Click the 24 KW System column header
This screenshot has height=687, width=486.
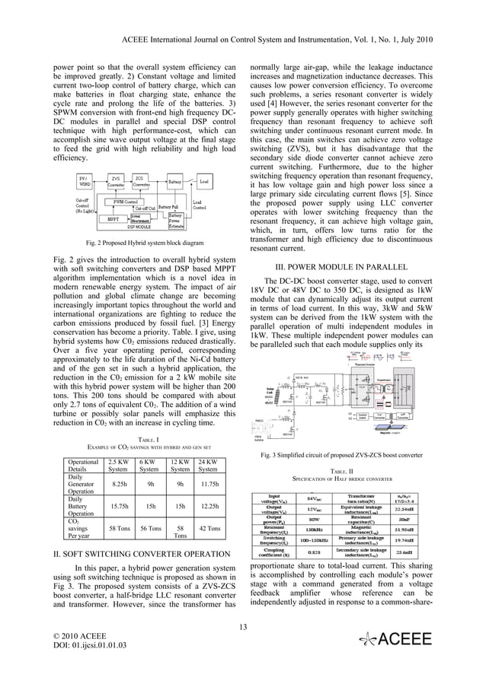pyautogui.click(x=206, y=466)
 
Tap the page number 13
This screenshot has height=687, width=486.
pyautogui.click(x=243, y=626)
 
